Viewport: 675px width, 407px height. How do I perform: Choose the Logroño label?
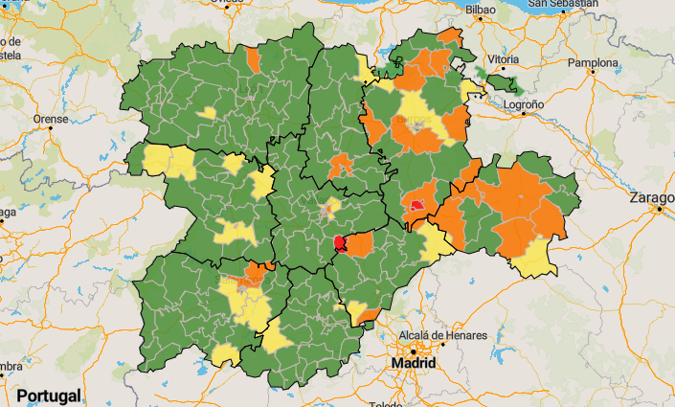point(524,102)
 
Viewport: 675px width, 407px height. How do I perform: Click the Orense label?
point(50,120)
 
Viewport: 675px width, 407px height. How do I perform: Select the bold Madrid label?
point(415,364)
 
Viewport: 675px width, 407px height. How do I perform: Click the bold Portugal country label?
point(47,396)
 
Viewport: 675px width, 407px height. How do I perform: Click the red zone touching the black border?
point(339,243)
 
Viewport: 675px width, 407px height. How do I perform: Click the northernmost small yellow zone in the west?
point(206,113)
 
